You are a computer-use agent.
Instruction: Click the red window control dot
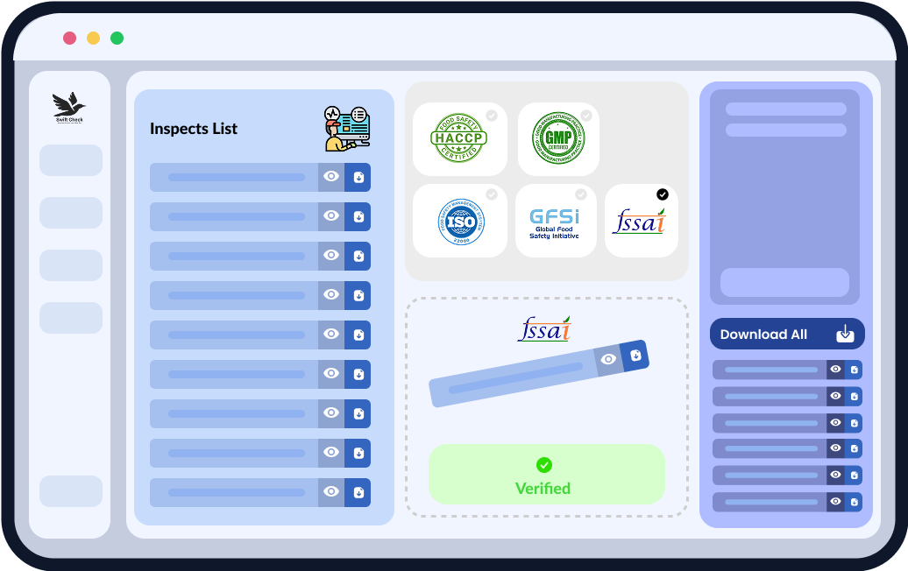coord(69,38)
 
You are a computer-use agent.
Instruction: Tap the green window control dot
coord(117,38)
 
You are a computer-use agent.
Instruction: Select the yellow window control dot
coord(93,38)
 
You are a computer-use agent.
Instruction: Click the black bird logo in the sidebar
coord(69,106)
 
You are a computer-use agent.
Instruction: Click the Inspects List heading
coord(194,129)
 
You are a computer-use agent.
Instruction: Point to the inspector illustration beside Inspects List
coord(346,128)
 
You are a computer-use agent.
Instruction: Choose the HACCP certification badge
coord(459,139)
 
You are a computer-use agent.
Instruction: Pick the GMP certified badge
coord(559,138)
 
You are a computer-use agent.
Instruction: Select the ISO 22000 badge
coord(460,222)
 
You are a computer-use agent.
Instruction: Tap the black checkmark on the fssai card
coord(662,194)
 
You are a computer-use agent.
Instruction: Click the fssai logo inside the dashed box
coord(544,329)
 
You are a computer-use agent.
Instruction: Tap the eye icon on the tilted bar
coord(608,359)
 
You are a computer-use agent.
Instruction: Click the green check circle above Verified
coord(543,465)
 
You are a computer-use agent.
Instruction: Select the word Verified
coord(543,489)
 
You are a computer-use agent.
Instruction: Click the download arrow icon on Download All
coord(844,334)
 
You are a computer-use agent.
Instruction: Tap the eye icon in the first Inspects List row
coord(331,177)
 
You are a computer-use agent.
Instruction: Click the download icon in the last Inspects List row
coord(358,492)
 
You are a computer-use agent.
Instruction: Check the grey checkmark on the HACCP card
coord(492,116)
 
